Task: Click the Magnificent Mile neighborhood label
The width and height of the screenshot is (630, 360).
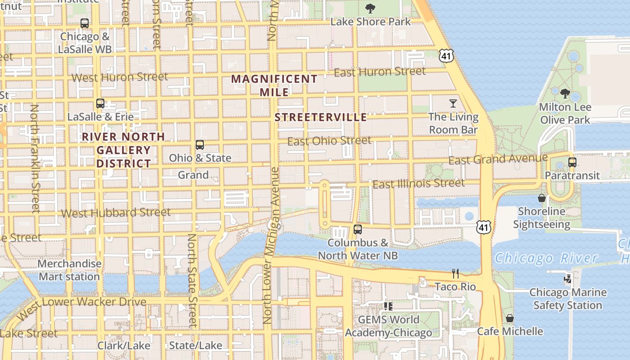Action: pos(274,85)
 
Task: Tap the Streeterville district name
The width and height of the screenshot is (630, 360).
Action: pos(321,117)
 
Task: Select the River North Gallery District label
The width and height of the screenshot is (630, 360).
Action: pos(124,150)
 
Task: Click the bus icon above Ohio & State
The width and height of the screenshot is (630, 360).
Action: pos(200,145)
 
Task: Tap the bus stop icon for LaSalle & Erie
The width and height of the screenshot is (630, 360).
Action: pos(100,103)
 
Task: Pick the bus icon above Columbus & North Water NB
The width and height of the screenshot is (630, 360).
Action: pos(358,229)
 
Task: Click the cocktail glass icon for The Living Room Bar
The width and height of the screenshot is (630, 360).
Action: pos(453,103)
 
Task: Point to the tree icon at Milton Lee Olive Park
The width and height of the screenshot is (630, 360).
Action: pos(565,94)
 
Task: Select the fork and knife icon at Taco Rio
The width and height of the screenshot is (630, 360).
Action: pos(455,273)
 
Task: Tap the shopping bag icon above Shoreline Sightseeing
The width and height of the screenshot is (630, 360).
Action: pos(542,198)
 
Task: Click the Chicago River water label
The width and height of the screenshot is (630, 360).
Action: pos(546,258)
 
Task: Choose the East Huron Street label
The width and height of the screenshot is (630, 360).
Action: pos(380,72)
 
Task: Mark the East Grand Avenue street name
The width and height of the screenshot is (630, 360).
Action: pos(498,159)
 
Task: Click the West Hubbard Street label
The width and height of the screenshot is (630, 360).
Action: pos(116,213)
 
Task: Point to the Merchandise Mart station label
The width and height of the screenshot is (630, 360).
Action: pos(69,270)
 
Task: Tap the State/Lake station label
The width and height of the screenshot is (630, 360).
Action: pos(196,346)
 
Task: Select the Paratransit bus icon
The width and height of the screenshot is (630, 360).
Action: pos(572,162)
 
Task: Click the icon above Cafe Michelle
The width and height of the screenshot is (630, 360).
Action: pos(510,318)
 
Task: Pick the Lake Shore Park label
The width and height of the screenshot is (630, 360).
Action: pos(371,22)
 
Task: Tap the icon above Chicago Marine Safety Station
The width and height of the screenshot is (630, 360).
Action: pos(568,279)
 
